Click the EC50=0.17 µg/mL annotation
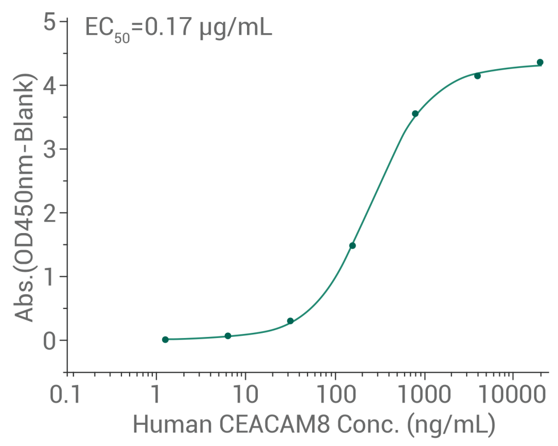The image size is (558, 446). click(x=178, y=27)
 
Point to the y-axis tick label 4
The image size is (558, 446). click(x=50, y=86)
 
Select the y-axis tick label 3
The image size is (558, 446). click(x=50, y=149)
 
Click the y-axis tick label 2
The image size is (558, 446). click(x=50, y=213)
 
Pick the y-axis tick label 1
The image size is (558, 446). click(x=50, y=276)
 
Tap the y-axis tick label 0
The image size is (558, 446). click(x=50, y=341)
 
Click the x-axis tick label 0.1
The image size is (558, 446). click(x=67, y=397)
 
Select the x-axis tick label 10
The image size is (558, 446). click(x=245, y=397)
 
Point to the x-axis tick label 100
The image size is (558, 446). click(x=334, y=397)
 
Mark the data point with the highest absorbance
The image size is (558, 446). click(x=540, y=63)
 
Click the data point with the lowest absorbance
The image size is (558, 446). click(x=165, y=340)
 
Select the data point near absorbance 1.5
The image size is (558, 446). click(x=352, y=245)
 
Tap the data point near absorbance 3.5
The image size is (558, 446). click(x=415, y=114)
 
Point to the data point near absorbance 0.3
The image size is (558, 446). click(x=290, y=321)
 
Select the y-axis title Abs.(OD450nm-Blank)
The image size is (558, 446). click(x=24, y=197)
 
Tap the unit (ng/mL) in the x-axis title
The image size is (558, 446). click(x=451, y=425)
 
